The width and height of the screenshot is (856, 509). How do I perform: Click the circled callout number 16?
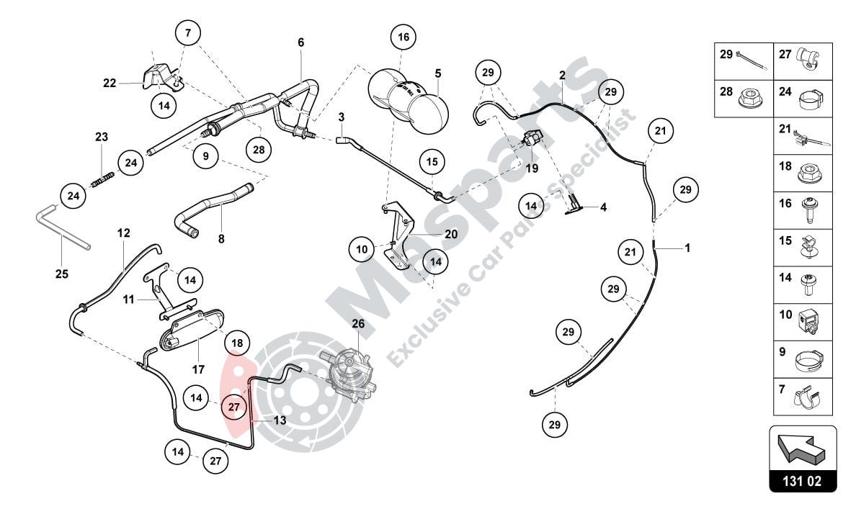[404, 37]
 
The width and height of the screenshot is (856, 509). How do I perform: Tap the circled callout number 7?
[187, 33]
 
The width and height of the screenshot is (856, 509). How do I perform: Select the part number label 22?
[110, 84]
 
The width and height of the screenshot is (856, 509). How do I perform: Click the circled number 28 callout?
[259, 149]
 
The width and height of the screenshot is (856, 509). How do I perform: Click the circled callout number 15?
[431, 163]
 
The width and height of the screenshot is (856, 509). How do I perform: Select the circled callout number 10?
[362, 250]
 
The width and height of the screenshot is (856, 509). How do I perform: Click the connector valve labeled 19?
[533, 138]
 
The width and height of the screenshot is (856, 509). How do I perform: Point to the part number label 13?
[280, 420]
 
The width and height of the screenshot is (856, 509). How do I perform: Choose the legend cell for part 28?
[744, 99]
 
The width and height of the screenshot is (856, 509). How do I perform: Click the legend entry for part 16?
[803, 210]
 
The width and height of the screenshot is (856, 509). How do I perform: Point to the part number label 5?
[437, 73]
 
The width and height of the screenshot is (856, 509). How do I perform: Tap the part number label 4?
[603, 207]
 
